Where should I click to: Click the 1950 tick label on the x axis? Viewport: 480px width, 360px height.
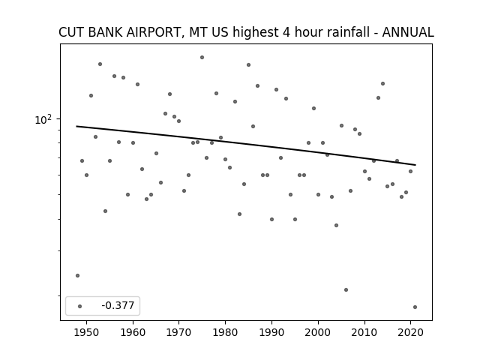[x=87, y=332]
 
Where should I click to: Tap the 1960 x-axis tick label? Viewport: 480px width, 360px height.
[x=133, y=332]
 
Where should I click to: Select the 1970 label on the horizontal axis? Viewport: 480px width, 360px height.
[x=178, y=332]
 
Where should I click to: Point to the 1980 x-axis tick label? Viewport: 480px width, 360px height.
[x=225, y=332]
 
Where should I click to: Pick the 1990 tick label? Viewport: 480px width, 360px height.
[x=271, y=332]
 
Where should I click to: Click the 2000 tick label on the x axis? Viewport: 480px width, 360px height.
[x=318, y=332]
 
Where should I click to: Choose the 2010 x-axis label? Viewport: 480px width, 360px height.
[x=364, y=332]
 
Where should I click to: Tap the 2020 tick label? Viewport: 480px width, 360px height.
[x=410, y=332]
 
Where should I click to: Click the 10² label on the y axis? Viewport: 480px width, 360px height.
[x=43, y=120]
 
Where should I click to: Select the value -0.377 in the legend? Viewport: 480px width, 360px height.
[x=118, y=305]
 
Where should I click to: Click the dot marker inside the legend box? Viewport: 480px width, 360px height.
[x=80, y=306]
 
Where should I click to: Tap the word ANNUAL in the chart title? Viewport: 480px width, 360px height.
[x=408, y=32]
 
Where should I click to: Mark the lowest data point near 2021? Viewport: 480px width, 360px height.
[x=415, y=307]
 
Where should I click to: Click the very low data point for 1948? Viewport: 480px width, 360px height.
[x=77, y=275]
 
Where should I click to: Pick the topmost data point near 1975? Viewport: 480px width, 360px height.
[x=202, y=57]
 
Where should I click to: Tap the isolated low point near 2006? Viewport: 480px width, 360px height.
[x=346, y=289]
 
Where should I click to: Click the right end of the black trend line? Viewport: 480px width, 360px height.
[x=415, y=165]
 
